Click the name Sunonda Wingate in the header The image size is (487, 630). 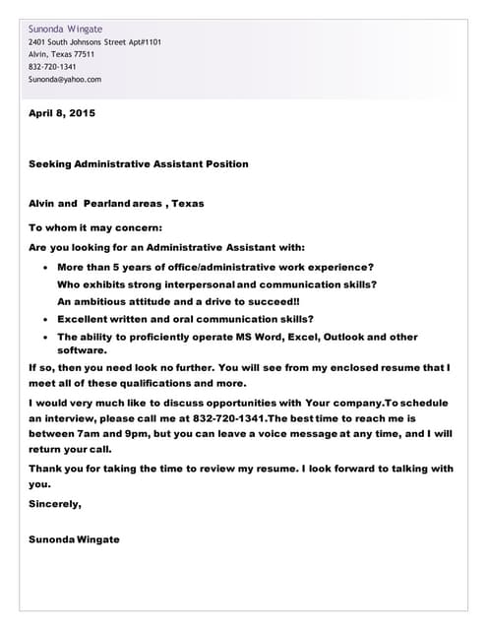[x=65, y=29]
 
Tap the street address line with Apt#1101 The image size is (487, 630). [x=95, y=42]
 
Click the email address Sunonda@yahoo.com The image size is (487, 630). [x=65, y=79]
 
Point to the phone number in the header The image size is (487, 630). [x=52, y=67]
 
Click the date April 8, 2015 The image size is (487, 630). [x=62, y=113]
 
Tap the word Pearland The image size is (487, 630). [x=107, y=203]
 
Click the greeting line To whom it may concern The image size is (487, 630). [x=96, y=227]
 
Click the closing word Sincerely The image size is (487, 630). [x=55, y=503]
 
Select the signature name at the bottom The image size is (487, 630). [x=75, y=539]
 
